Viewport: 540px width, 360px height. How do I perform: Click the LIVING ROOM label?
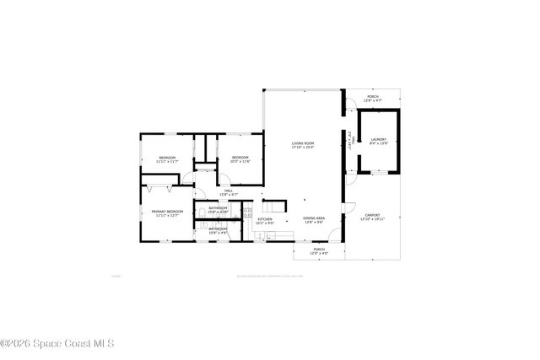click(x=304, y=143)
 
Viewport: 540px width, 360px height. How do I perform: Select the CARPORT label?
click(x=373, y=215)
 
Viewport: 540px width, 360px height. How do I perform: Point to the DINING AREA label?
click(x=315, y=218)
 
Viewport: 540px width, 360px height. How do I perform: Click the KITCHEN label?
click(x=265, y=219)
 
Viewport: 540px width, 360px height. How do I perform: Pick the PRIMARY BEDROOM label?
click(x=167, y=211)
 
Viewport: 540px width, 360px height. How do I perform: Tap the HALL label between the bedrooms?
click(x=229, y=191)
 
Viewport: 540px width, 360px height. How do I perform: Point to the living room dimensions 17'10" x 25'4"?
click(x=304, y=148)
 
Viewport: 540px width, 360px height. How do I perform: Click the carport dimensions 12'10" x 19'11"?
click(x=373, y=219)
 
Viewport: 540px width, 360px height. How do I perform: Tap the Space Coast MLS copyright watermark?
click(x=57, y=343)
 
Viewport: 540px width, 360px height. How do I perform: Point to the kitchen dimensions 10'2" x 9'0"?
click(x=265, y=223)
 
